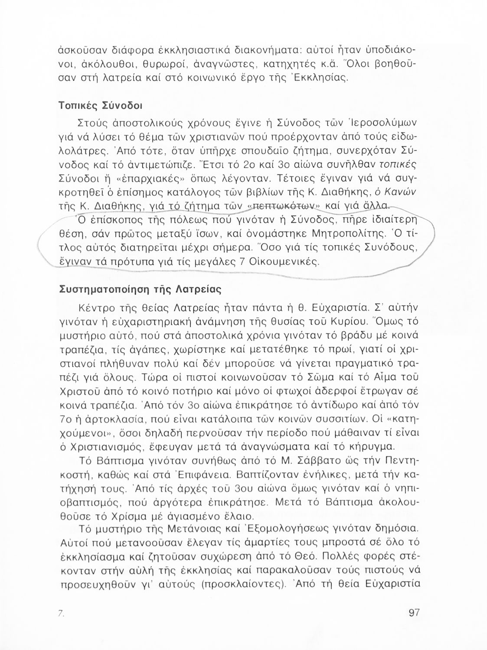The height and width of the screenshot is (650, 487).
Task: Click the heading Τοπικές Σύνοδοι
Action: (x=101, y=106)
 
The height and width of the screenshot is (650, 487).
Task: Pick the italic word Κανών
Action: (x=405, y=192)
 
